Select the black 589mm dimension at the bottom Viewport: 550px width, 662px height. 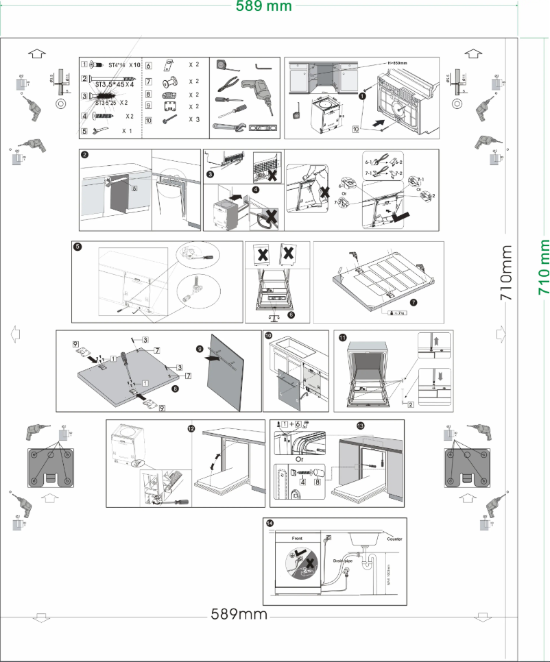pos(239,614)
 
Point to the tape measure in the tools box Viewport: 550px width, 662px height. pos(223,65)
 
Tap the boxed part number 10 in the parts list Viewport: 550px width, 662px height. pos(149,119)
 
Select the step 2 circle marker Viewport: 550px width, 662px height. pos(84,156)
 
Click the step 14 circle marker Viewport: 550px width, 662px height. pos(269,524)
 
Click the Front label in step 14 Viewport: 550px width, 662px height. pos(297,539)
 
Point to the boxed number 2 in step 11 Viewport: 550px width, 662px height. pos(409,405)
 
